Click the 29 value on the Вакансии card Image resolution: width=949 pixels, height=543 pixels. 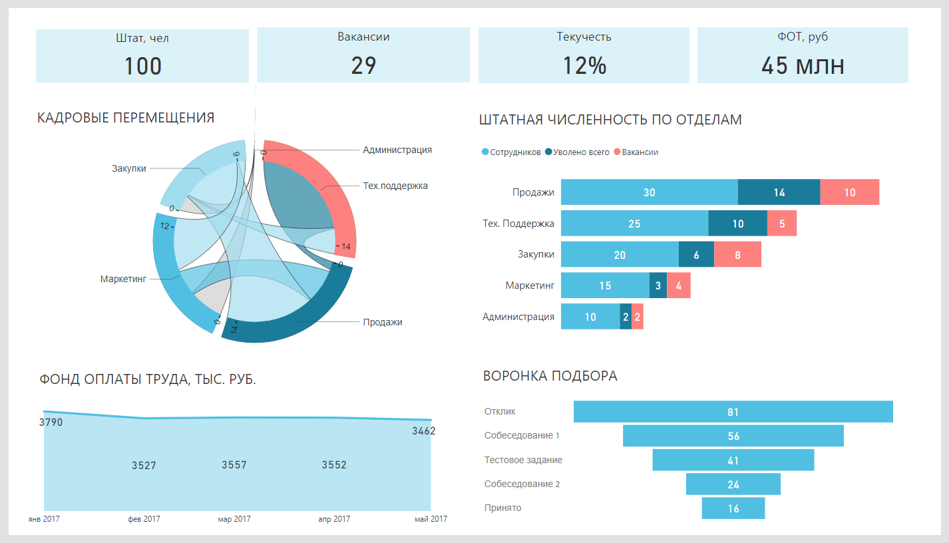click(363, 66)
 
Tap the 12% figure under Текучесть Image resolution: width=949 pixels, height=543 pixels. click(584, 66)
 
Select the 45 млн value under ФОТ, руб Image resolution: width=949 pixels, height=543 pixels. click(803, 66)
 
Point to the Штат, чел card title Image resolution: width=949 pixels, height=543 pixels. click(142, 38)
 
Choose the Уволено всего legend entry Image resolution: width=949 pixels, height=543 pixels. click(577, 152)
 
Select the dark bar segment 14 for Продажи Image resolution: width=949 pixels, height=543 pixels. click(779, 192)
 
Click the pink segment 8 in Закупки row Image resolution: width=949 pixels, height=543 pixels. click(737, 254)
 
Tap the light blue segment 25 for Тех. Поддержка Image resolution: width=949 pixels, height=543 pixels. click(634, 224)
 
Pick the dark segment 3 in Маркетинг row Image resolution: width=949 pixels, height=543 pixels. click(658, 285)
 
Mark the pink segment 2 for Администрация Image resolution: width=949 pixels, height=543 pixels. click(638, 317)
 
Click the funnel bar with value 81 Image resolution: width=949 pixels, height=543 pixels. click(733, 412)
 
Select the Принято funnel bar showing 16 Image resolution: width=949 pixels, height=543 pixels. click(733, 508)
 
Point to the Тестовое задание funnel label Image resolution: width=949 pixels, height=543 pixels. click(523, 460)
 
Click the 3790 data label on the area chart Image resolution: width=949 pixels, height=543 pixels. click(51, 422)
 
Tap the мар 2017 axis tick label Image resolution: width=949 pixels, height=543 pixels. click(234, 519)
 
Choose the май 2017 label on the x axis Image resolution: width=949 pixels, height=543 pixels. click(430, 519)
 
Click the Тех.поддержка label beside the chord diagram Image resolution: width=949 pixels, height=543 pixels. click(395, 186)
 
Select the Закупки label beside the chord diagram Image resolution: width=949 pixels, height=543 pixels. click(128, 168)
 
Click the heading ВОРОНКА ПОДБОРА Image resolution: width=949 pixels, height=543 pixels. click(550, 376)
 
